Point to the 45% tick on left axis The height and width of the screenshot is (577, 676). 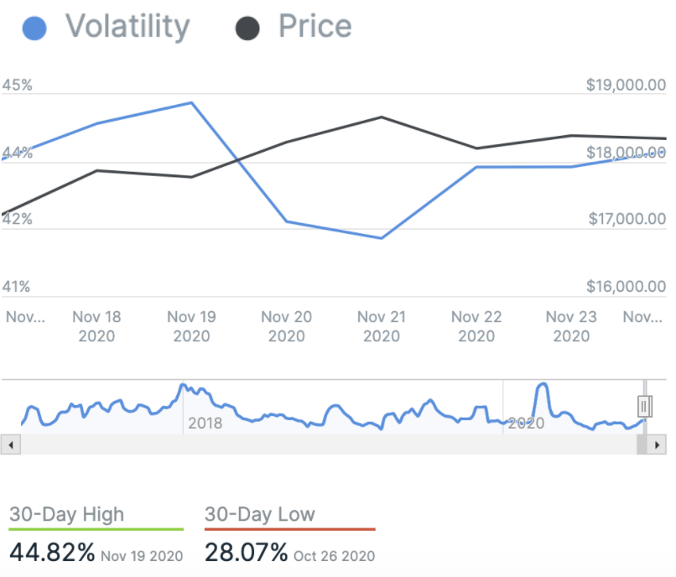pos(18,86)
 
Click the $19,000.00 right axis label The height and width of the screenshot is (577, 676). pos(626,86)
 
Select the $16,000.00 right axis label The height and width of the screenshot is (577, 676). pos(626,287)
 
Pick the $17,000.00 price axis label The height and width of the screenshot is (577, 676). pos(626,220)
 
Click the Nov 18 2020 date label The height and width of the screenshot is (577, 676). pos(96,326)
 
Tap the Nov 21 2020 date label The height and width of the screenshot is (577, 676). pos(382,326)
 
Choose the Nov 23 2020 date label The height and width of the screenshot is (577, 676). pos(571,326)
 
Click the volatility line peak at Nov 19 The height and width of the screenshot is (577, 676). pos(193,103)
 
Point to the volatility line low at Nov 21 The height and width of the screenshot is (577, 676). pos(382,238)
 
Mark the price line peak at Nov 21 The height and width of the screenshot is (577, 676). pos(382,117)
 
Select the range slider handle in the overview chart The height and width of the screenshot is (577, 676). pos(644,407)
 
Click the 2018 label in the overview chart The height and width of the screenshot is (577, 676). pos(205,423)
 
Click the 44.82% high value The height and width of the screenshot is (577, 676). pos(52,553)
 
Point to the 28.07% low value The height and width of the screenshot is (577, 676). pos(247,553)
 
